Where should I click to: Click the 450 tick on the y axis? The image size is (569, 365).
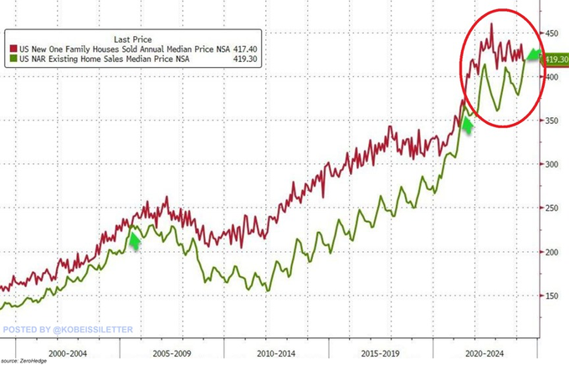click(551, 33)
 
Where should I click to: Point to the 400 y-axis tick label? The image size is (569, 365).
click(551, 77)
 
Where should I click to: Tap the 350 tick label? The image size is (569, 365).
click(551, 121)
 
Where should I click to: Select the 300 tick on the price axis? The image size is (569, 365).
click(551, 164)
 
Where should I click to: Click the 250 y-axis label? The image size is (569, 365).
click(551, 208)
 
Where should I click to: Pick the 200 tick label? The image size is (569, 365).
click(551, 252)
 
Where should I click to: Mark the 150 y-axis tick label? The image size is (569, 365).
click(551, 296)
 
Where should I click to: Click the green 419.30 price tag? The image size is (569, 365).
click(555, 59)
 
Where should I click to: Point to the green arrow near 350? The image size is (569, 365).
click(467, 126)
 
